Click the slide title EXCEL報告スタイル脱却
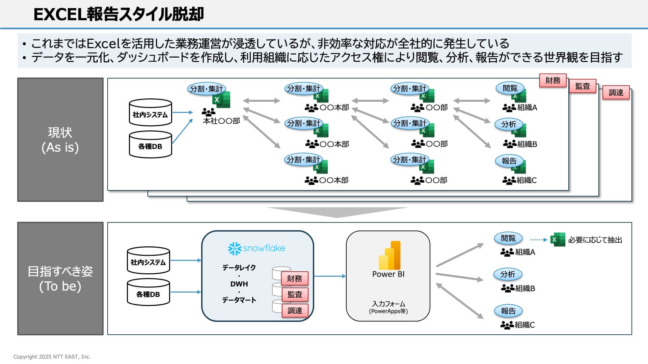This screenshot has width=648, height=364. [x=119, y=14]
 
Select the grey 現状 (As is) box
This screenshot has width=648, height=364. [x=60, y=140]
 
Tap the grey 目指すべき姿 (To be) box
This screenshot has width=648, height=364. [x=60, y=278]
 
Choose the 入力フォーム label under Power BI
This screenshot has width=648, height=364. [x=388, y=304]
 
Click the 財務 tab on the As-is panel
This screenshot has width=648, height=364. [x=552, y=81]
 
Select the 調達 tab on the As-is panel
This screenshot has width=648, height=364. [x=616, y=93]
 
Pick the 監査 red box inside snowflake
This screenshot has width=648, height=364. [x=295, y=295]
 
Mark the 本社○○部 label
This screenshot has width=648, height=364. [x=221, y=121]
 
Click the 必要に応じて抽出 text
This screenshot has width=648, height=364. [x=595, y=240]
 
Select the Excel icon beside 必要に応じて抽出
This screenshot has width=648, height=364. [x=558, y=240]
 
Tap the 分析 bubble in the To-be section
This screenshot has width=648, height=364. [x=508, y=274]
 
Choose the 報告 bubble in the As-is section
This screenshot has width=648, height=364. [x=509, y=161]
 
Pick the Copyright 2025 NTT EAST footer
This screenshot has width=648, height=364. [x=52, y=357]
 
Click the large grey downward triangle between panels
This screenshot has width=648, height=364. [x=337, y=212]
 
